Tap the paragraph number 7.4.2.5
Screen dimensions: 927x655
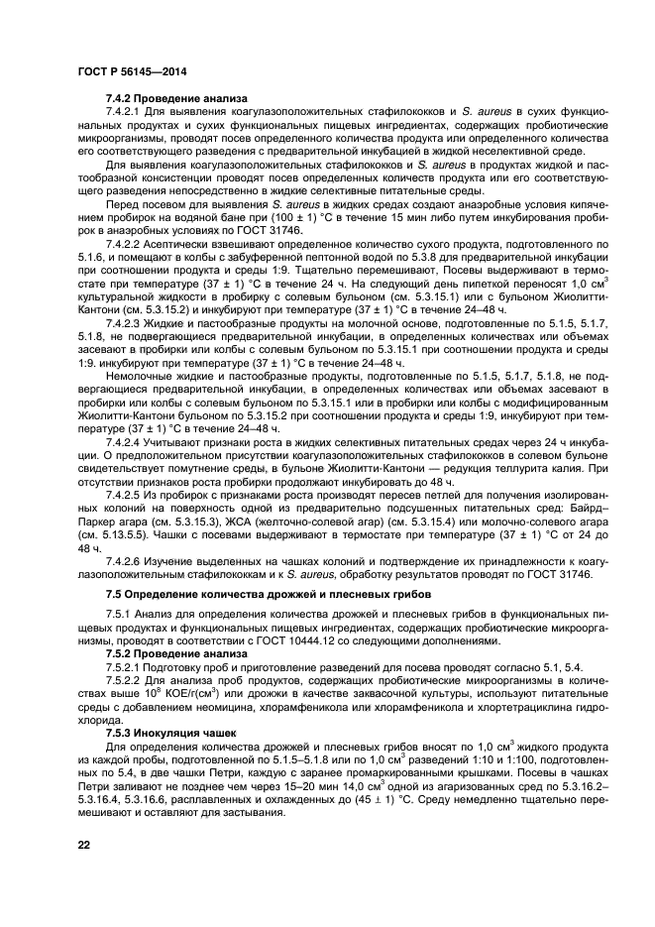pos(126,493)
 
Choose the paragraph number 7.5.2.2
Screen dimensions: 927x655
pos(126,693)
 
